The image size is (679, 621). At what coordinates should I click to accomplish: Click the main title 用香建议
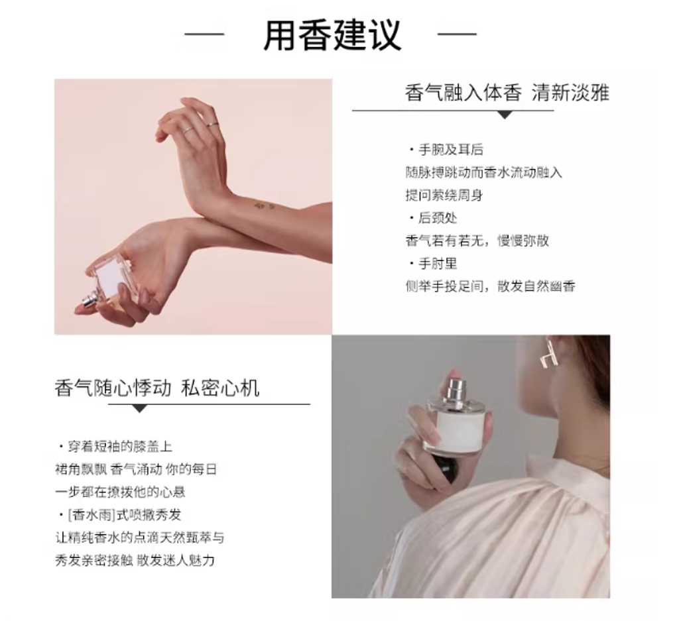tap(332, 34)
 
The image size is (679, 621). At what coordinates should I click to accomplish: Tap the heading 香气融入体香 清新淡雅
tap(507, 93)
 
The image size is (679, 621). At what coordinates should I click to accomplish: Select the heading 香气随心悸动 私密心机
tap(156, 388)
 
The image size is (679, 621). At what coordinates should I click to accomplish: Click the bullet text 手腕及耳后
tap(451, 150)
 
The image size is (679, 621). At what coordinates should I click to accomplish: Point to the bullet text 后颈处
tap(438, 217)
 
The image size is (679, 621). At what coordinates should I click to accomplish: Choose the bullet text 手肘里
tap(438, 263)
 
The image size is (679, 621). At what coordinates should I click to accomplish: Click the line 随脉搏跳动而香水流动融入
tap(483, 173)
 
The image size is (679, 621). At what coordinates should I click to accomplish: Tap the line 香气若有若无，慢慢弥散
tap(477, 241)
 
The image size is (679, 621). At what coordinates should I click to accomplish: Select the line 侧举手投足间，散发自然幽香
tap(490, 286)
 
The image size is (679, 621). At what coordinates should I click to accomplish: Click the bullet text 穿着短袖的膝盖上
tap(120, 446)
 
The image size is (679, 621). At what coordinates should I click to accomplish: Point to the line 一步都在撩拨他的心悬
tap(120, 492)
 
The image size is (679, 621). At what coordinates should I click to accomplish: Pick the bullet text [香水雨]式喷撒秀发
tap(124, 515)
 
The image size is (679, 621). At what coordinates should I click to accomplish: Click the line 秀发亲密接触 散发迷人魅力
tap(135, 561)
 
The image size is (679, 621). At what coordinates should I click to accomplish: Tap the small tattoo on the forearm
tap(264, 205)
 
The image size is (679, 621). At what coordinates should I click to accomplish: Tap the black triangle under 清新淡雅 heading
tap(505, 115)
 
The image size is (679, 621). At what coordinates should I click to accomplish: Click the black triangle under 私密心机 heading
tap(139, 408)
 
